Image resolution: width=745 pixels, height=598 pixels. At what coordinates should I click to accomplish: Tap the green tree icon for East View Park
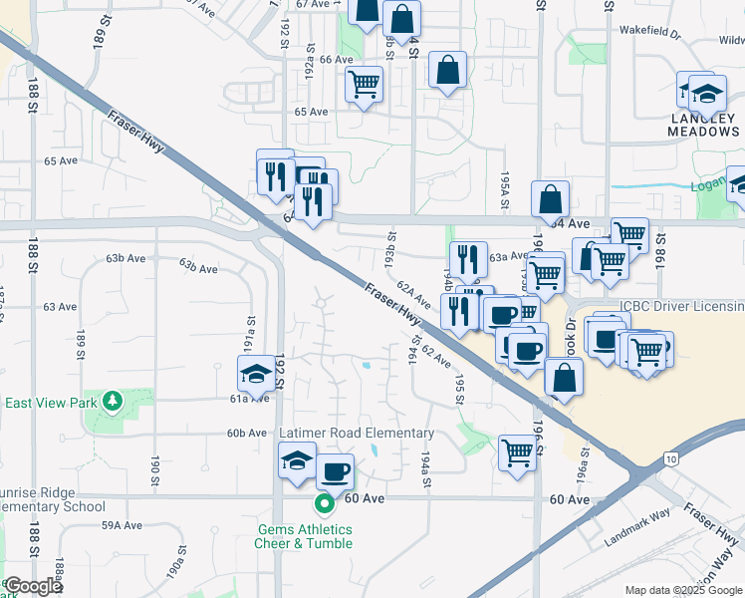point(113,402)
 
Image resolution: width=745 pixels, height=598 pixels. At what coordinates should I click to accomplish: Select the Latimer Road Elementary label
point(357,434)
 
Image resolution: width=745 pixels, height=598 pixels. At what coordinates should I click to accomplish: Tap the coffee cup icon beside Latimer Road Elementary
point(335,470)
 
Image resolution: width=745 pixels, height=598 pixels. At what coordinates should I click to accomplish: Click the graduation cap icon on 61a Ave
point(257,374)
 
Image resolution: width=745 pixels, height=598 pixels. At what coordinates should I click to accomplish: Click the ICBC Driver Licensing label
point(681,306)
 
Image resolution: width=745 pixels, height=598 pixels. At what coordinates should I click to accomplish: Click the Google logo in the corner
point(32,586)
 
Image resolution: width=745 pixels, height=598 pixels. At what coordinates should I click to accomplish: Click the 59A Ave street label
point(122,523)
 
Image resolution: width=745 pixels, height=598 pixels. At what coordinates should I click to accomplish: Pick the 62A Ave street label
point(411,294)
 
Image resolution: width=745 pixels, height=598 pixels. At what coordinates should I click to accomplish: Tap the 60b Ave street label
point(247,434)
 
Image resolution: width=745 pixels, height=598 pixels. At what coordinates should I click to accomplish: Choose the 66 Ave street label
point(337,59)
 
